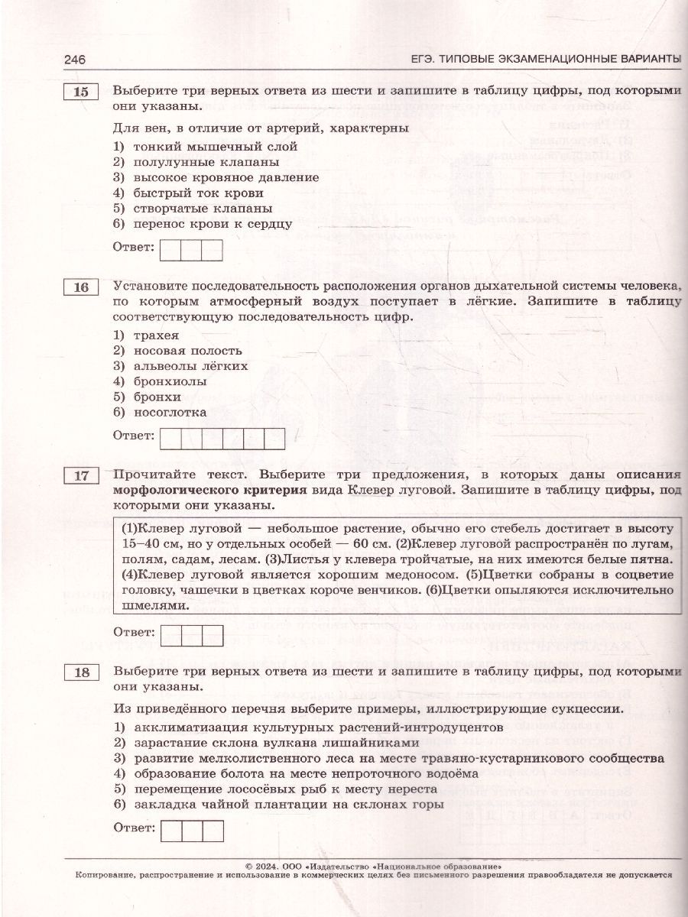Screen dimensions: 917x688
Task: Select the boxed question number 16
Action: tap(80, 288)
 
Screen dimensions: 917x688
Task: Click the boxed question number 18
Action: tap(80, 673)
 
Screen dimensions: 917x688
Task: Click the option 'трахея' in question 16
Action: tap(156, 335)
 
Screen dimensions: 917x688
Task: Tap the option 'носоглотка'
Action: tap(170, 412)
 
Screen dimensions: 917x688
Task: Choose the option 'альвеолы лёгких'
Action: tap(190, 365)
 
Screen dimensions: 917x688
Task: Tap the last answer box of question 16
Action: tap(274, 439)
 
